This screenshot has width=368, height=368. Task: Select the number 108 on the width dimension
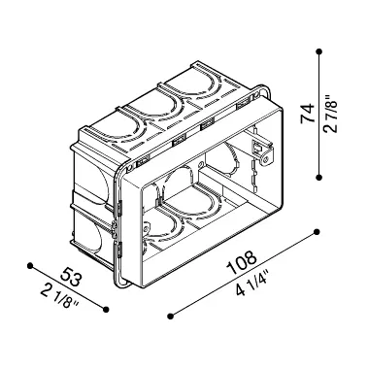240,262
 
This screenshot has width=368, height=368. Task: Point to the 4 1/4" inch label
251,284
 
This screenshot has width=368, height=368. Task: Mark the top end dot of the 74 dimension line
320,50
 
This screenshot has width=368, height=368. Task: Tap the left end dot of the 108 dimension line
171,315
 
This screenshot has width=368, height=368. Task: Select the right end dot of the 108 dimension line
318,231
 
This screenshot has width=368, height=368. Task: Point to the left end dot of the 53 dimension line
30,263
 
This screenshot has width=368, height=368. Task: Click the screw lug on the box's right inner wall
260,148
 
